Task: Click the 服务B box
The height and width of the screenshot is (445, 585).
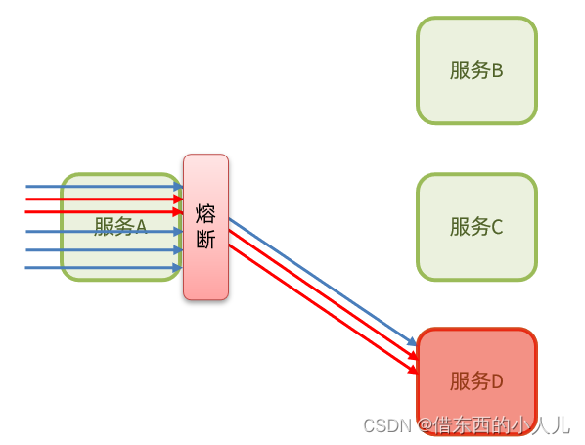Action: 476,70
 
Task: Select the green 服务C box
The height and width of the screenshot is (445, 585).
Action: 476,227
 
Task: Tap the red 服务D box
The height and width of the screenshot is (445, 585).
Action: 476,381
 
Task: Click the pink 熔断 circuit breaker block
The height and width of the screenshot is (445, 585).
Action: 205,227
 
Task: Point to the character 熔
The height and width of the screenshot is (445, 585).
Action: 205,214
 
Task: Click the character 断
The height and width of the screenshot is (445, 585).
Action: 205,239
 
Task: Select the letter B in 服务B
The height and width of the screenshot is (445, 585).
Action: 497,70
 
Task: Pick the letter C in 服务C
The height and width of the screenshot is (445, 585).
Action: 497,227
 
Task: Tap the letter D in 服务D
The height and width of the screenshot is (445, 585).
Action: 497,381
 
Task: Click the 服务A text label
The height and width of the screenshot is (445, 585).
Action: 120,227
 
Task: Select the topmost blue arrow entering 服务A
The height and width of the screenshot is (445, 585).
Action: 104,186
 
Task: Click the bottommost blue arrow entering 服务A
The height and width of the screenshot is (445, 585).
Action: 104,267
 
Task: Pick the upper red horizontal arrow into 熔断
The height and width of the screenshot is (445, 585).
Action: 104,200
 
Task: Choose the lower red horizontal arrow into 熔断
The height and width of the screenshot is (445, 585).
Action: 104,212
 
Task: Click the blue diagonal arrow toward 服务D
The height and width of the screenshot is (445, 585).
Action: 323,282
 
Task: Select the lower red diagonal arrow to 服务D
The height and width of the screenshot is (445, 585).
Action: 323,309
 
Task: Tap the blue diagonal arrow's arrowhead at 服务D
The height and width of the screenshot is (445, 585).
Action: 412,341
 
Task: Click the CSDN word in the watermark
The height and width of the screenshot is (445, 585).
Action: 386,425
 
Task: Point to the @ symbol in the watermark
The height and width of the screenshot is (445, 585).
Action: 426,425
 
